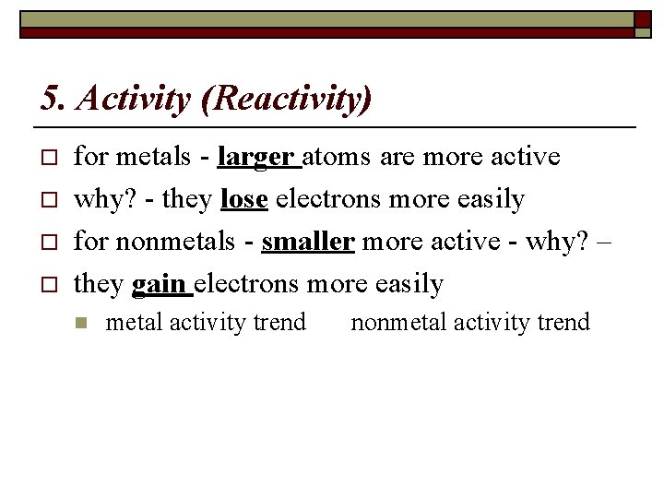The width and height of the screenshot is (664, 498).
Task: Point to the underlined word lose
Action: pos(244,199)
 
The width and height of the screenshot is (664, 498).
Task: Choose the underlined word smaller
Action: pos(308,242)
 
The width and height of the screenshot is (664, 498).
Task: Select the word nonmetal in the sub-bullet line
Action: pos(395,323)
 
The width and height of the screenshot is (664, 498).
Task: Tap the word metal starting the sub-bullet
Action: pos(128,323)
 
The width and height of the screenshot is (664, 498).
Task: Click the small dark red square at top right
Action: pos(643,18)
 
